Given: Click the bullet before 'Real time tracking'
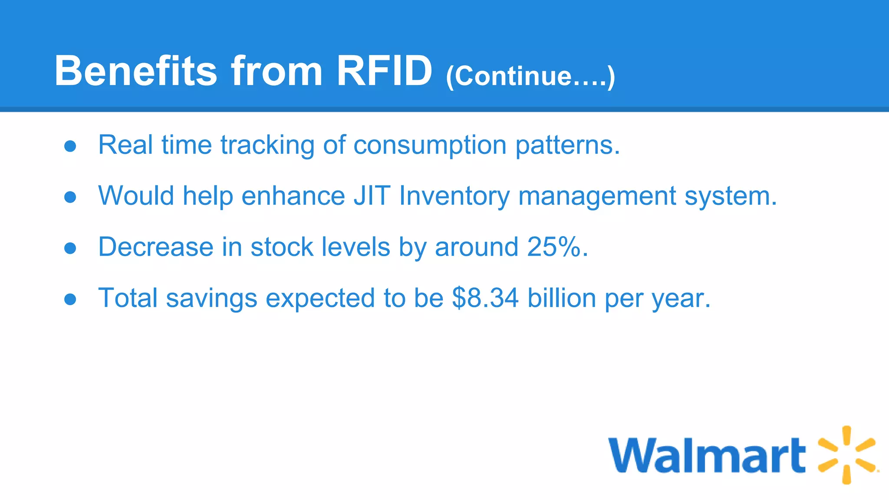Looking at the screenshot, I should point(70,146).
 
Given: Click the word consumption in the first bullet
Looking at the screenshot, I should point(430,145).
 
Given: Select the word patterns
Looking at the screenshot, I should point(567,145).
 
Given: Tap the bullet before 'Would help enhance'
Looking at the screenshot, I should point(70,197).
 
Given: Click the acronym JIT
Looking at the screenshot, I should point(372,196).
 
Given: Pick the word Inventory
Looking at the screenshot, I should point(454,197).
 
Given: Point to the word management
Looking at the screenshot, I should point(597,197).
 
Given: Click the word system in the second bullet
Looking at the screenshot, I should point(730,197).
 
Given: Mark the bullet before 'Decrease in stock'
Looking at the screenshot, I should point(70,248).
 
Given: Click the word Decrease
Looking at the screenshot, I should point(156,247).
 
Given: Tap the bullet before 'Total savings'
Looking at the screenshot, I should point(70,299).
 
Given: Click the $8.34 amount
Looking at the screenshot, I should point(485,298).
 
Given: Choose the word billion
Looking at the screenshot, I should point(562,298).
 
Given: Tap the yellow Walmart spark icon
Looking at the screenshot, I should point(846,455).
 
